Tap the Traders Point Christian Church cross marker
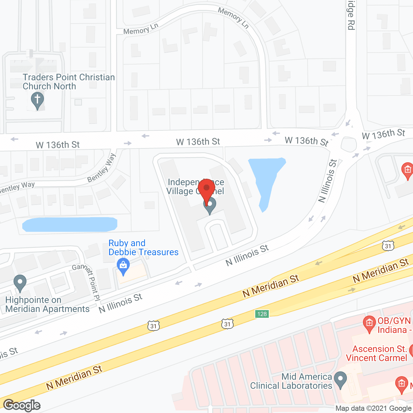point(37,100)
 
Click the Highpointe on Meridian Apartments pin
point(20,283)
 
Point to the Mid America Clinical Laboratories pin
point(340,380)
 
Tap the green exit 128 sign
point(262,314)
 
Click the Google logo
point(22,405)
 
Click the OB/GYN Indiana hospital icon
point(369,324)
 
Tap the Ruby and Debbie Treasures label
point(143,247)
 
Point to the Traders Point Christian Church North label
point(69,82)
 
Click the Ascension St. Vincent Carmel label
point(376,353)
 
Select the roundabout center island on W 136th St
point(348,144)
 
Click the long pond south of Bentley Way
point(70,225)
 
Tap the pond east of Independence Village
point(266,179)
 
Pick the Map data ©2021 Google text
point(373,408)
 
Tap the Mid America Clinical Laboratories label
point(291,381)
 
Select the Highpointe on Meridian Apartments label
point(47,304)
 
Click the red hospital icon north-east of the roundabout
point(407,170)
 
